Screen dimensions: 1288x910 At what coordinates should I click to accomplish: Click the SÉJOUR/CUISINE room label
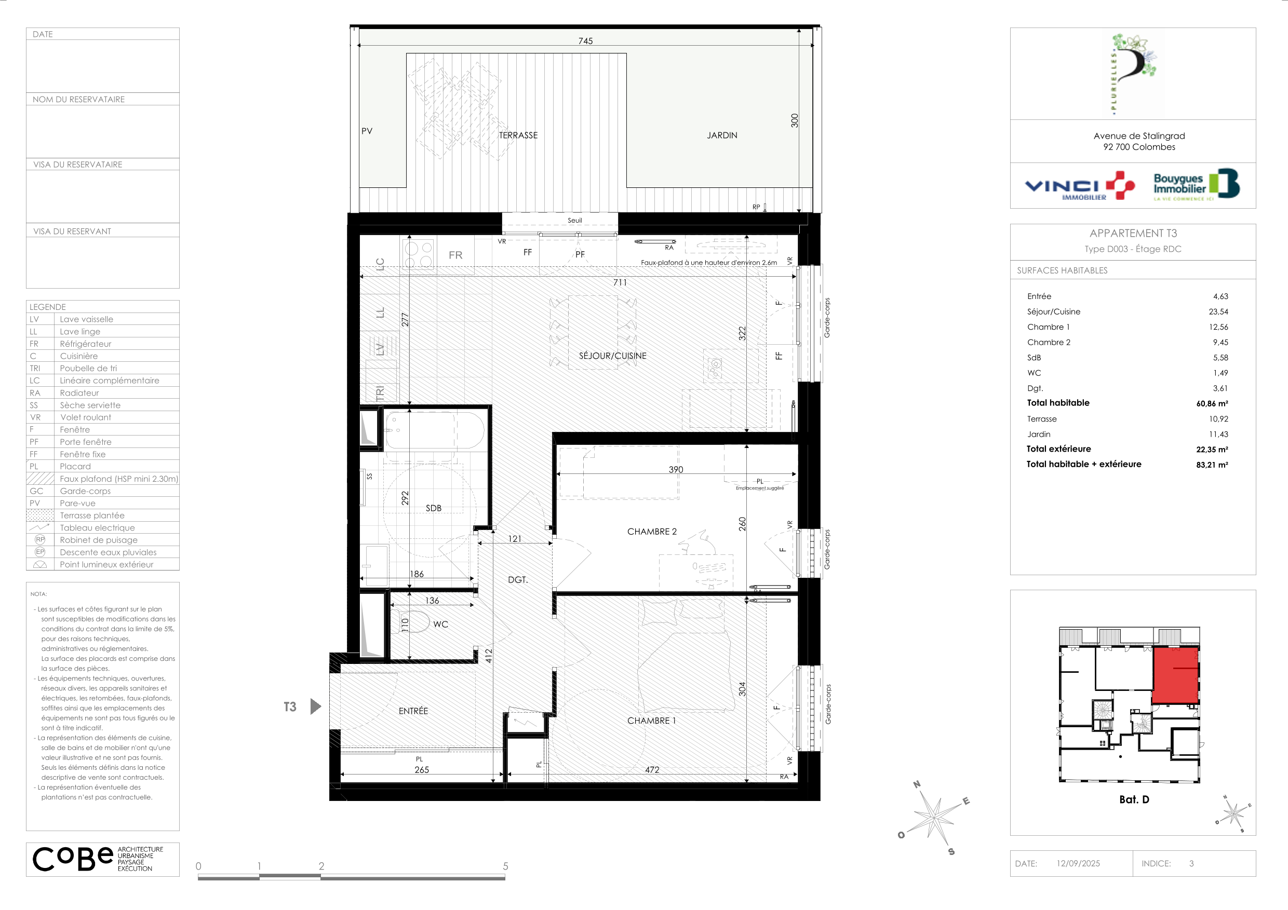613,356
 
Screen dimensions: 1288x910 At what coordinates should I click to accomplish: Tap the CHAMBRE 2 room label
652,532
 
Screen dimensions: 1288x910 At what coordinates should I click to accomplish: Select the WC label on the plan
441,624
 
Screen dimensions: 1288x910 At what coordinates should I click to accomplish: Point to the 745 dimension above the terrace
586,41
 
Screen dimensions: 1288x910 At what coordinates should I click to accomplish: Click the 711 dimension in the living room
620,282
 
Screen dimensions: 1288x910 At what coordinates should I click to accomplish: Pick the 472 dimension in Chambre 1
652,770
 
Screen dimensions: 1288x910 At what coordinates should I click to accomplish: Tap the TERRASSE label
518,135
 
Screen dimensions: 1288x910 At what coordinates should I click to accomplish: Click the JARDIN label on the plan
722,135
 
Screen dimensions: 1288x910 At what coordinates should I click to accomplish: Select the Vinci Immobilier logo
1080,186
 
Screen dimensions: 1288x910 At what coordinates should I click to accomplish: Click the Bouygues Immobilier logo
1196,184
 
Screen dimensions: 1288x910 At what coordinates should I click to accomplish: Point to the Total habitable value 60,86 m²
1212,404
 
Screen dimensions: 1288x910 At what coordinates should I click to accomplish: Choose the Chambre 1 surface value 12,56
1218,327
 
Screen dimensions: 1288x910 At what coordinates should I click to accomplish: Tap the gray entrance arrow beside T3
316,707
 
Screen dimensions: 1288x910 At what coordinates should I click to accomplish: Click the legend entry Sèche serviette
90,405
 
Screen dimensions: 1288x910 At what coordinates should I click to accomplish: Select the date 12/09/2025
1078,864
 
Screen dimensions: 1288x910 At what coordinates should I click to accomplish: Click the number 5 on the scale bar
505,866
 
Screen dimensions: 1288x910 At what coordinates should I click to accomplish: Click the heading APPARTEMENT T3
1133,233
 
